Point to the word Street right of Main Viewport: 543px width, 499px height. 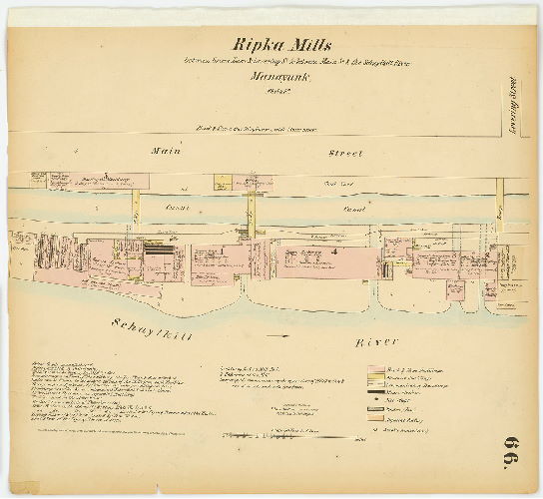[x=345, y=154]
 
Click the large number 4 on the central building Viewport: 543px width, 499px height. [x=335, y=252]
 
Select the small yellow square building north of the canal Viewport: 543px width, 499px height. [x=222, y=182]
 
